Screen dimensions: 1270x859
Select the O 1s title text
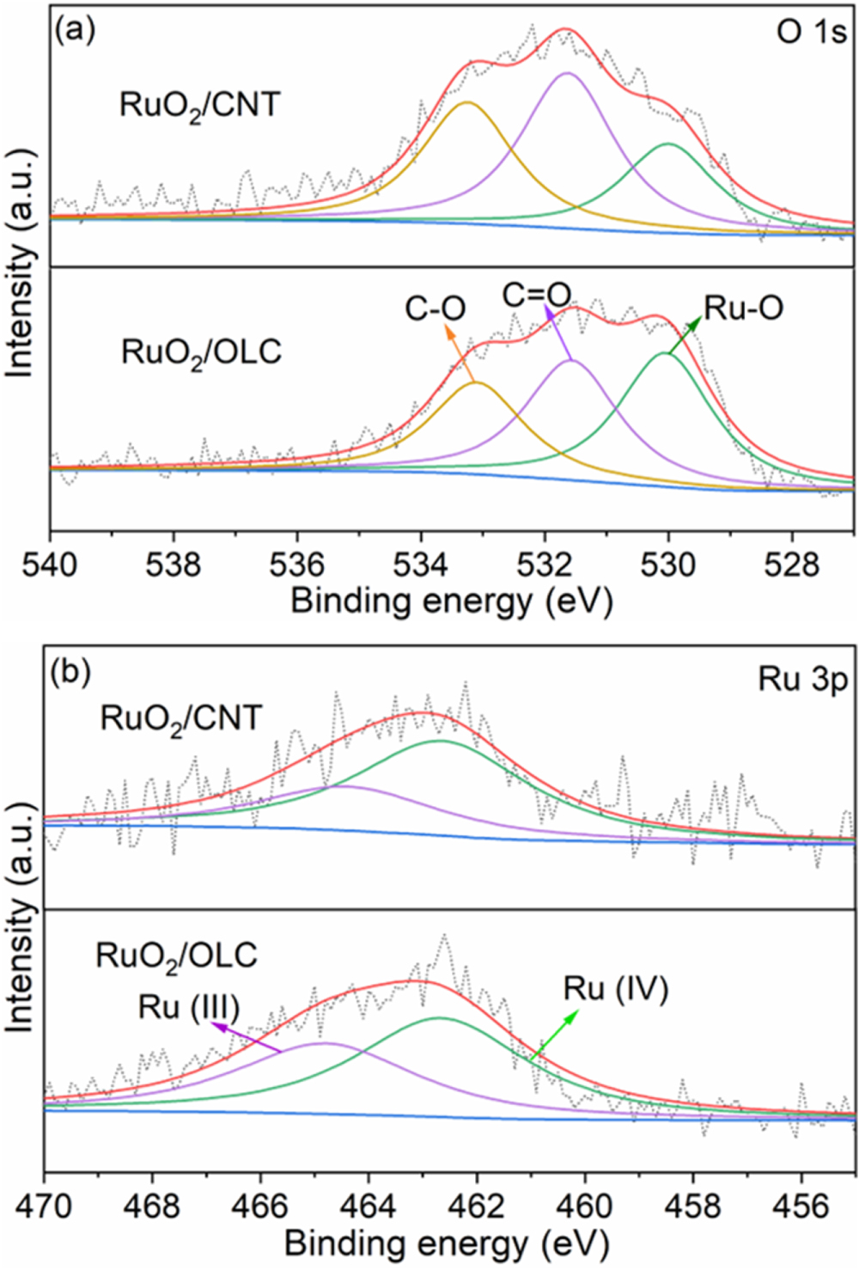[811, 32]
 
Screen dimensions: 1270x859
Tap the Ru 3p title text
[802, 680]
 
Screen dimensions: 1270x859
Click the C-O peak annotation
[436, 308]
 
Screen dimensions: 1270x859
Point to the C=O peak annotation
[536, 296]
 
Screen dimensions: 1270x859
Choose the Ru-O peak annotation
[743, 308]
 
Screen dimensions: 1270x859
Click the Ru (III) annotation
[188, 1007]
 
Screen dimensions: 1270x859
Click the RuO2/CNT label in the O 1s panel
[199, 106]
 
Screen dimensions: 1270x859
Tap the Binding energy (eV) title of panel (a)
[451, 601]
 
